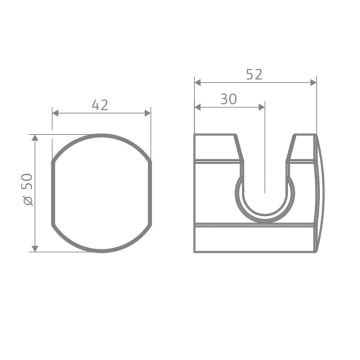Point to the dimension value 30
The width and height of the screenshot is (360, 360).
[x=228, y=98]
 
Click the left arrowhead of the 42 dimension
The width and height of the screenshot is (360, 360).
[x=54, y=113]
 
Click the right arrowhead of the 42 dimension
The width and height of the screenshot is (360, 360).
[x=149, y=113]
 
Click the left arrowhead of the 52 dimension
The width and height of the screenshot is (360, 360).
[x=197, y=82]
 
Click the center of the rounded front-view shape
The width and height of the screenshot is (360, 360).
[x=101, y=193]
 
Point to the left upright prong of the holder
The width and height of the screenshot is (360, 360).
[x=220, y=150]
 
